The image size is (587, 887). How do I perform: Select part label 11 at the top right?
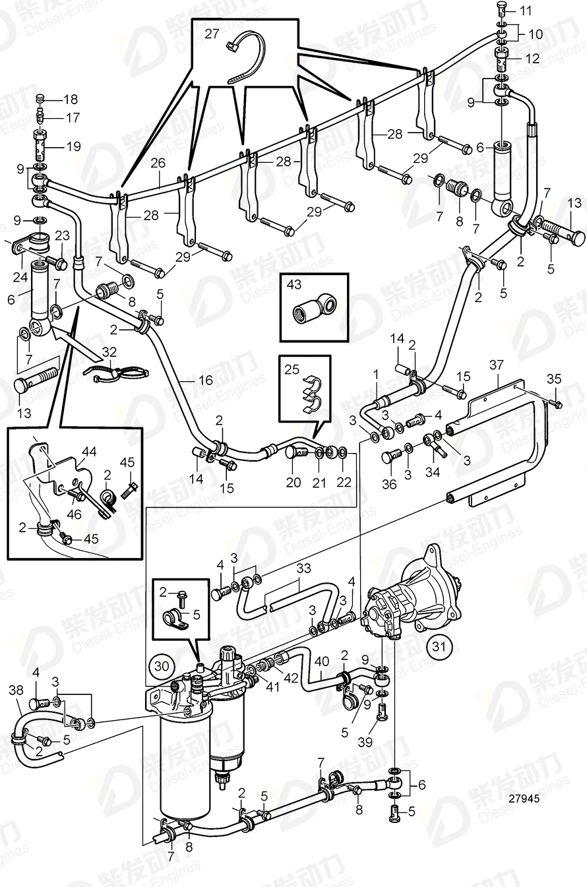click(525, 11)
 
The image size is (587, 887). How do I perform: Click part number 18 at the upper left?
click(70, 100)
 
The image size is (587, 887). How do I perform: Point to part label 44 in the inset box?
click(88, 452)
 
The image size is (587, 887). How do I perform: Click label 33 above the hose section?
click(303, 567)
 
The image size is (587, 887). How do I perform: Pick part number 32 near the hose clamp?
click(109, 352)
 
